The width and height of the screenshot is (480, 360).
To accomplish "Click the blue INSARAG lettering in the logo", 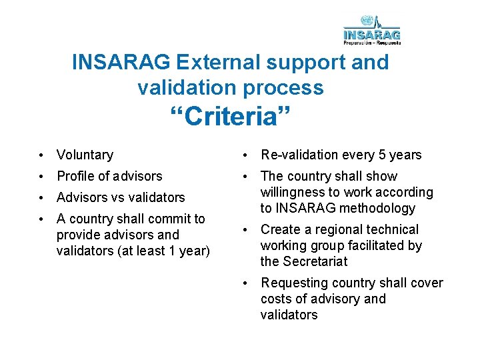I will [x=372, y=34].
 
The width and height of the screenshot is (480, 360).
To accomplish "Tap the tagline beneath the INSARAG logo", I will [x=372, y=42].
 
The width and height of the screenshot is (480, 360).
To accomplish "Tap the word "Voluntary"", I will [x=85, y=155].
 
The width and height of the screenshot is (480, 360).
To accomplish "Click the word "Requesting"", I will [x=293, y=283].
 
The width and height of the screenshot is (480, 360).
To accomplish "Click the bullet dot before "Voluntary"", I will [x=41, y=155].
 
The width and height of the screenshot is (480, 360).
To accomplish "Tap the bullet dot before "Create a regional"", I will [x=245, y=230].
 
